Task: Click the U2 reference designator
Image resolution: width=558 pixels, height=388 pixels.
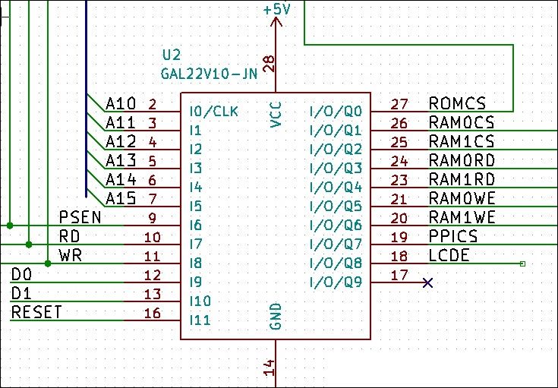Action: pos(172,55)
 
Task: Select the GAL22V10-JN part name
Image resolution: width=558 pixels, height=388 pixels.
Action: pos(210,74)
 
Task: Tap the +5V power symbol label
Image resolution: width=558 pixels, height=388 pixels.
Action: pos(276,10)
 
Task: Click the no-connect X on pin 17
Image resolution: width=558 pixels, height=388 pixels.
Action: pos(427,282)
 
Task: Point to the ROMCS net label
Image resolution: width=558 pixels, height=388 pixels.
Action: pos(457,103)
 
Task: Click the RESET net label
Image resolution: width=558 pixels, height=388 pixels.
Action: pos(36,312)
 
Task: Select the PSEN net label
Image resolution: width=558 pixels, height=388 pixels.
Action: pos(80,217)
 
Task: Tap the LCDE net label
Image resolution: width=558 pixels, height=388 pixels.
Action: pos(449,255)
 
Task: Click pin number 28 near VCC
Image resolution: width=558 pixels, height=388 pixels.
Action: pos(270,64)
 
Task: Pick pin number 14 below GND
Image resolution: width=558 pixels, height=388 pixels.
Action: pos(270,367)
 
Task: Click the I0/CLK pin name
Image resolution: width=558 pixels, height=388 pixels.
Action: pos(213,112)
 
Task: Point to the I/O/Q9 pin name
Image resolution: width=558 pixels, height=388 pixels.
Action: pos(336,282)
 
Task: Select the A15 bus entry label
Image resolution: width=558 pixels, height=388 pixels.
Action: pos(121,198)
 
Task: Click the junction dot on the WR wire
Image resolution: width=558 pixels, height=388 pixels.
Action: pos(48,263)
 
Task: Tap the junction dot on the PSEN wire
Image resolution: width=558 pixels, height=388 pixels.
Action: pos(10,226)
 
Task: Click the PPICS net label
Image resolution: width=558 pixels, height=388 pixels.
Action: pos(453,236)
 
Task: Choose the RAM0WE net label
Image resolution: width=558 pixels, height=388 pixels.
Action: pos(462,198)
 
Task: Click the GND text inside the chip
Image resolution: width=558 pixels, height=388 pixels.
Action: pos(276,317)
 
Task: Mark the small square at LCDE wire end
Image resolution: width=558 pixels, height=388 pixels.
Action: pos(522,263)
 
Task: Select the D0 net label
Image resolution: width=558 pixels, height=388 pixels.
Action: pos(21,274)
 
